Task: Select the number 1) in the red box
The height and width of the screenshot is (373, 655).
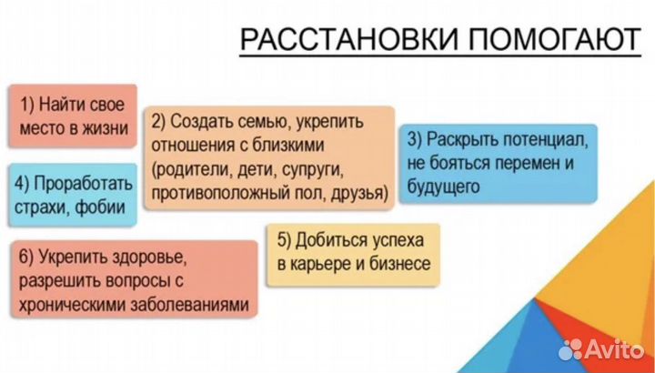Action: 32,103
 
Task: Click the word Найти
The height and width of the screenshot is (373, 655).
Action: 68,103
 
